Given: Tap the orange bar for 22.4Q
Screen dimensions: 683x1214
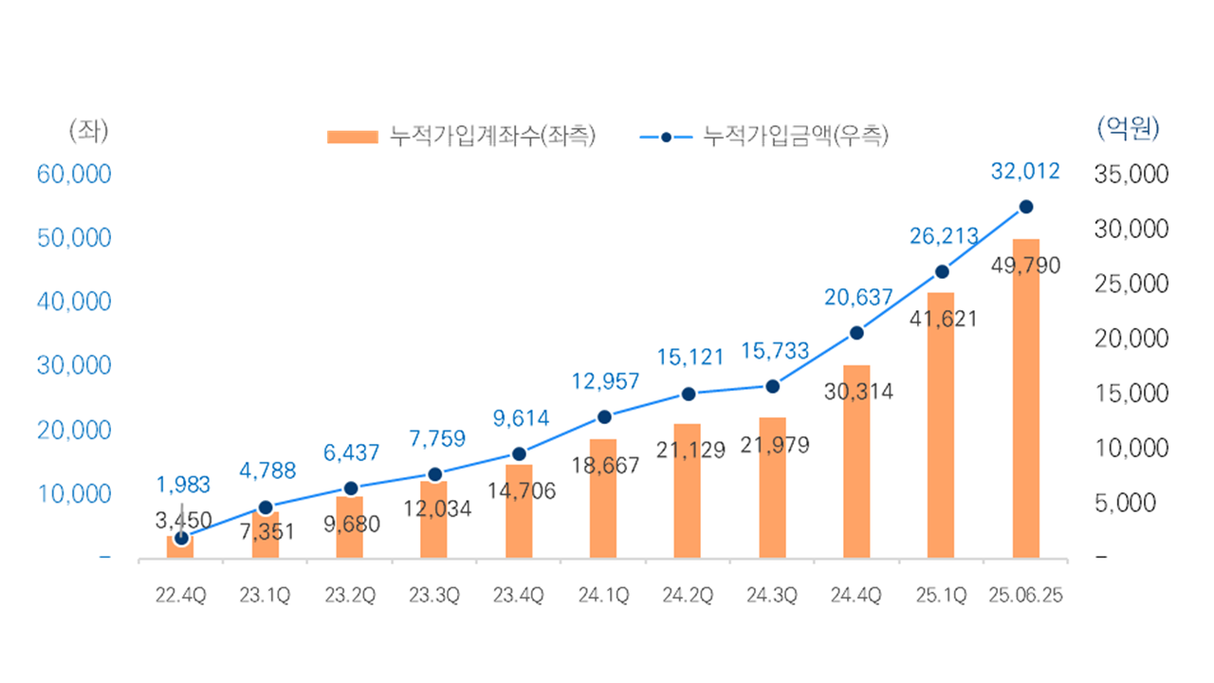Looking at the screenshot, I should click(180, 548).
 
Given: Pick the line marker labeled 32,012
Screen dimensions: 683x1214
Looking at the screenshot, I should click(1025, 207).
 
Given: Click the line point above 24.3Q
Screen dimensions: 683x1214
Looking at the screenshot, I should click(772, 386).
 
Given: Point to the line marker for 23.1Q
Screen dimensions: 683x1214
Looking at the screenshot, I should click(266, 508).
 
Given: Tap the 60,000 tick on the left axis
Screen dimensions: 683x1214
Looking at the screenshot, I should click(75, 175).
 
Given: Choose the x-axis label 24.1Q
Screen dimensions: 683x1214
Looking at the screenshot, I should click(603, 596).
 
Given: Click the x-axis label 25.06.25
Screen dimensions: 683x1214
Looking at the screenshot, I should click(1025, 596).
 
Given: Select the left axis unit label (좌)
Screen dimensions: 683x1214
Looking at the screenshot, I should click(88, 130).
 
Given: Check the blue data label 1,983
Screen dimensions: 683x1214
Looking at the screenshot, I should click(184, 486).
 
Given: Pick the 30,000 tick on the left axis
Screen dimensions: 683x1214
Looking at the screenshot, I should click(75, 366).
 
